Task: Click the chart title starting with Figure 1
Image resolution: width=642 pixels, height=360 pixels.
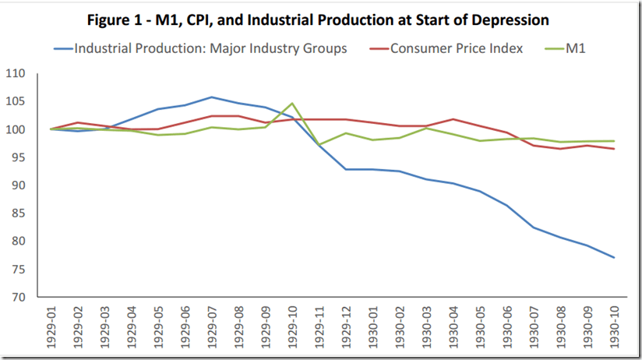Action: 320,19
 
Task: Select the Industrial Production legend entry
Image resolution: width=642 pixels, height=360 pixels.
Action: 210,48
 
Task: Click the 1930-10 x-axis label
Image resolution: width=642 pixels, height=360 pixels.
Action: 615,327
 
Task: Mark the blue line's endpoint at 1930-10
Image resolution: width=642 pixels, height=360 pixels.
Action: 615,258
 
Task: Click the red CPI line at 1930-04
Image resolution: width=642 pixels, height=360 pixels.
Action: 452,119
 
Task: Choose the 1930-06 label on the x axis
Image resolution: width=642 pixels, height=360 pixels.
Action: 506,327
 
